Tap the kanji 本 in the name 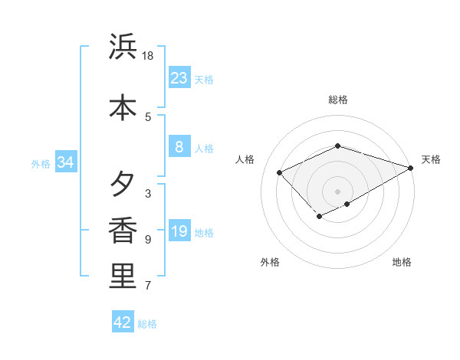123,106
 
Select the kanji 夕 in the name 123,185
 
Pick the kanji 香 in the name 123,231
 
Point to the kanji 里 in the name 123,277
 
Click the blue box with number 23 179,77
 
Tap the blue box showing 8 179,147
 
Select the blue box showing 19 179,231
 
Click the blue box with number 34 65,162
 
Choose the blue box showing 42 123,322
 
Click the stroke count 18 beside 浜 148,55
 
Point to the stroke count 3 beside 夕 148,193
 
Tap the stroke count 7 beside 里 148,286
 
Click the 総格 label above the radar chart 337,100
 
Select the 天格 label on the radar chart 431,159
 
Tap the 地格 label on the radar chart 402,262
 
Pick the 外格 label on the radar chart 270,262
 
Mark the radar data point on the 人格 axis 280,172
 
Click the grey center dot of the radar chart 337,191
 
